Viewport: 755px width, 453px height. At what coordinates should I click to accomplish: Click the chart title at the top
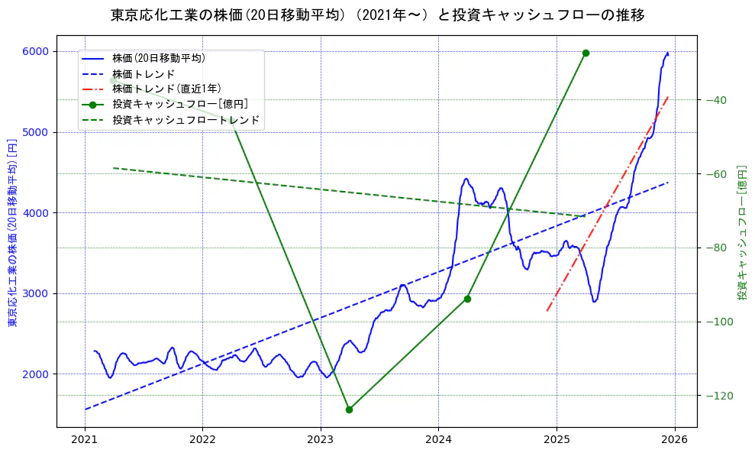377,15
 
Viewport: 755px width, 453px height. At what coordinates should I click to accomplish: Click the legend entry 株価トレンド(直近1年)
166,89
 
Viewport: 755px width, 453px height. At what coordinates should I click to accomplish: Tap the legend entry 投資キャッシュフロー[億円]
179,104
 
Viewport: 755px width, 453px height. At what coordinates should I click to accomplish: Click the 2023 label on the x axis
321,440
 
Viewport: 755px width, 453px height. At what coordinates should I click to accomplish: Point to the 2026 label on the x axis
675,440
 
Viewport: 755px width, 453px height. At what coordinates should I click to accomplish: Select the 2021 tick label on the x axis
85,440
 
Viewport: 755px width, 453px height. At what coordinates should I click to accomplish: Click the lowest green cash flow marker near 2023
349,409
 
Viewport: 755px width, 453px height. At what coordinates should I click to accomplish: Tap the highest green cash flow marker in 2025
586,53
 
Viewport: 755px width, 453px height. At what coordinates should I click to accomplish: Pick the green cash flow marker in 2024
467,299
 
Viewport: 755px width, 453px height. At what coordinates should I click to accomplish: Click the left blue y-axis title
12,233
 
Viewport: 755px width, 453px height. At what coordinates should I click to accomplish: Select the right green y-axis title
741,232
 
